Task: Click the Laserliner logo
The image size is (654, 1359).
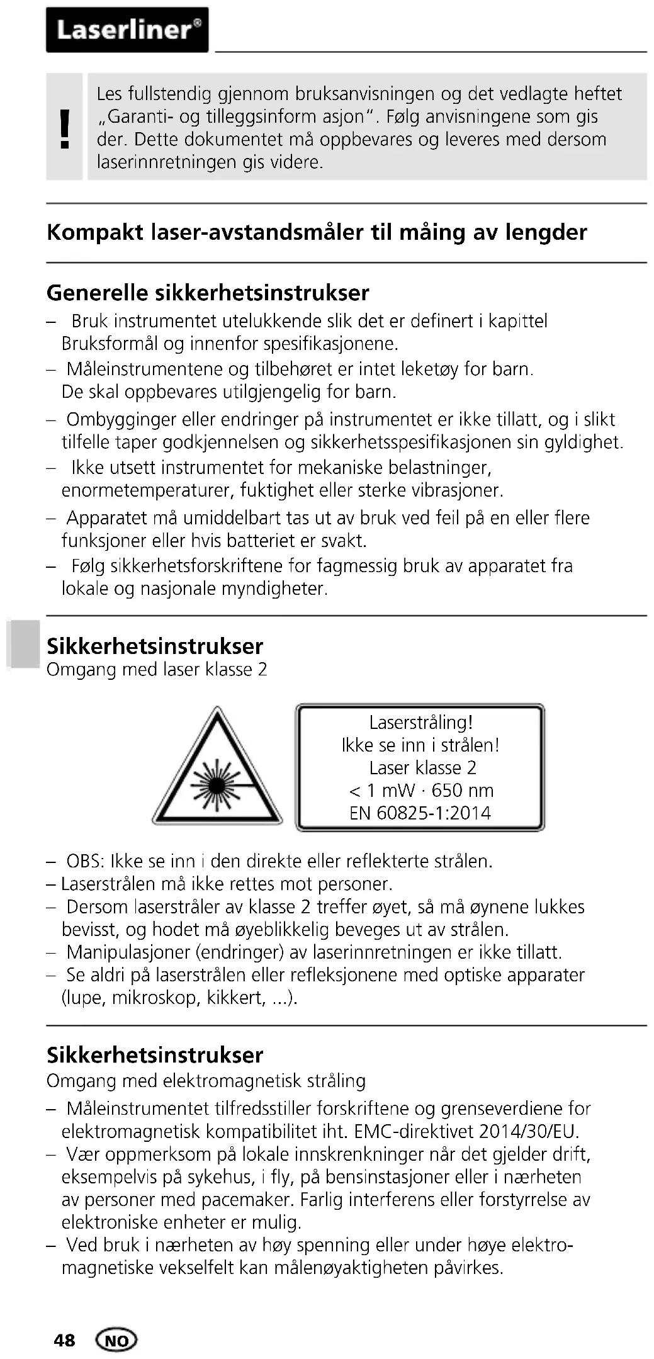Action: (127, 30)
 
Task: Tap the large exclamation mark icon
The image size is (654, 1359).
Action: (64, 128)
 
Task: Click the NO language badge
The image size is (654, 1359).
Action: (116, 1340)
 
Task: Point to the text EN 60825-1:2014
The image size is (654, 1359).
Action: (420, 813)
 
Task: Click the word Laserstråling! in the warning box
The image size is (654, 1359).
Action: (420, 722)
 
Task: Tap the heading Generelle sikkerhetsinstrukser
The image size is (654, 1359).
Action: (208, 293)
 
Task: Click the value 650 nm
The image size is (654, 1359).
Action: (463, 790)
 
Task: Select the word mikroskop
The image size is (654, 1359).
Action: (154, 998)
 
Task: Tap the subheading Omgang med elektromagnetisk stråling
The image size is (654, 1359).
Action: (206, 1081)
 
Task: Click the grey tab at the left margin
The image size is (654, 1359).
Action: (23, 643)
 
